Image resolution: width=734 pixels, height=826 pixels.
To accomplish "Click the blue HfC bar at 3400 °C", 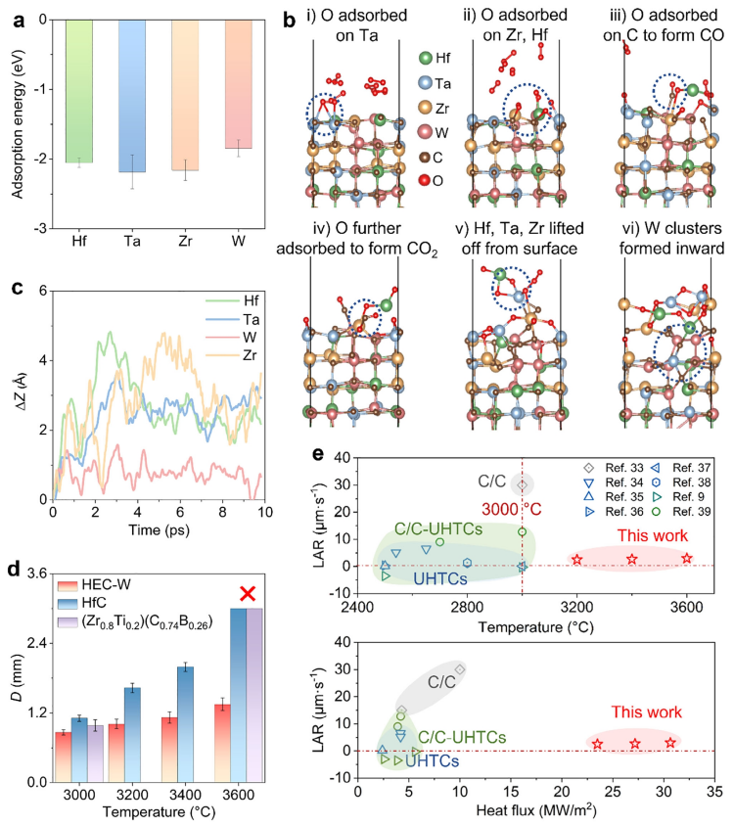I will click(183, 723).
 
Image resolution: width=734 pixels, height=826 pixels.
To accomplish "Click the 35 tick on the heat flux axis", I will click(715, 793).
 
